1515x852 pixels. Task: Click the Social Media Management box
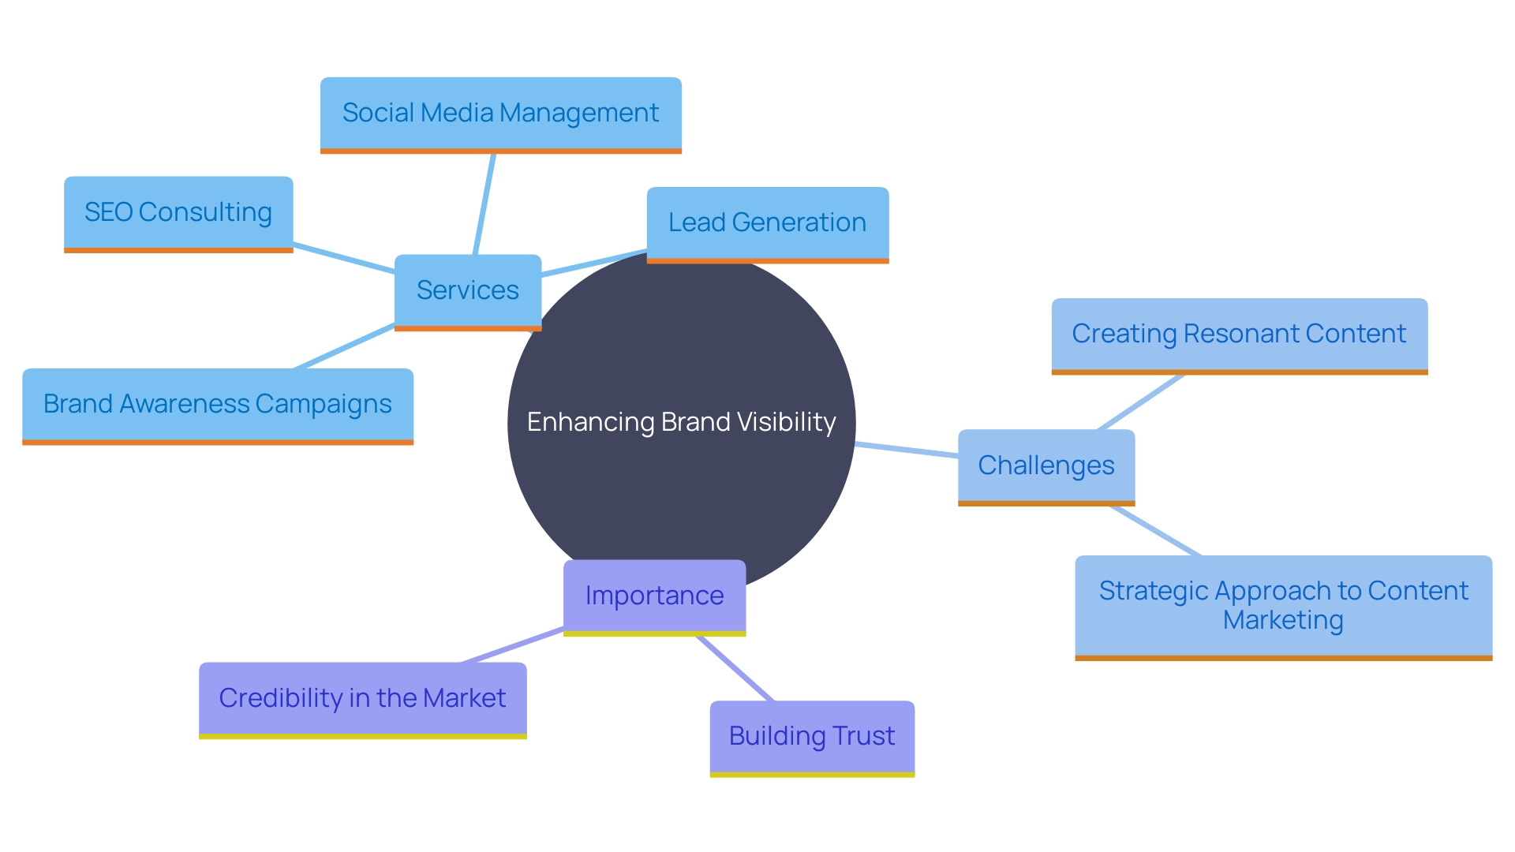point(500,114)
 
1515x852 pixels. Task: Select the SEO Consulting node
point(178,212)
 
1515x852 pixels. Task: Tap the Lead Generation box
point(767,223)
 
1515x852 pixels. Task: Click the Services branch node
point(467,290)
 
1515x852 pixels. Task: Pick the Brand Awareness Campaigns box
point(217,404)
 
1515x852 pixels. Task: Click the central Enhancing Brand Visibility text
point(681,422)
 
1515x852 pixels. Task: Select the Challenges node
point(1046,465)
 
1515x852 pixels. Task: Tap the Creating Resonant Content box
point(1239,334)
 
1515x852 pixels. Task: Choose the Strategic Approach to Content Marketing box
point(1283,605)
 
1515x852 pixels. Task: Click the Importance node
point(654,596)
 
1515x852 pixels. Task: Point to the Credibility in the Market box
point(362,698)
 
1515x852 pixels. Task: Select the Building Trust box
point(811,736)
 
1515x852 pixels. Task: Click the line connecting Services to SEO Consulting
point(343,257)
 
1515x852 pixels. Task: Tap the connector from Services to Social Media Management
point(484,204)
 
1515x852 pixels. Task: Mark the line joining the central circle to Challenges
point(907,450)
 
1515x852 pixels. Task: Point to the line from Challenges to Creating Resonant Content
point(1141,402)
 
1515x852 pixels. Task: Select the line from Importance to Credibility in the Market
point(513,645)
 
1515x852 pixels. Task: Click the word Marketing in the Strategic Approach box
point(1283,620)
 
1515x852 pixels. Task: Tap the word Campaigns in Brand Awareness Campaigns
point(324,405)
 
